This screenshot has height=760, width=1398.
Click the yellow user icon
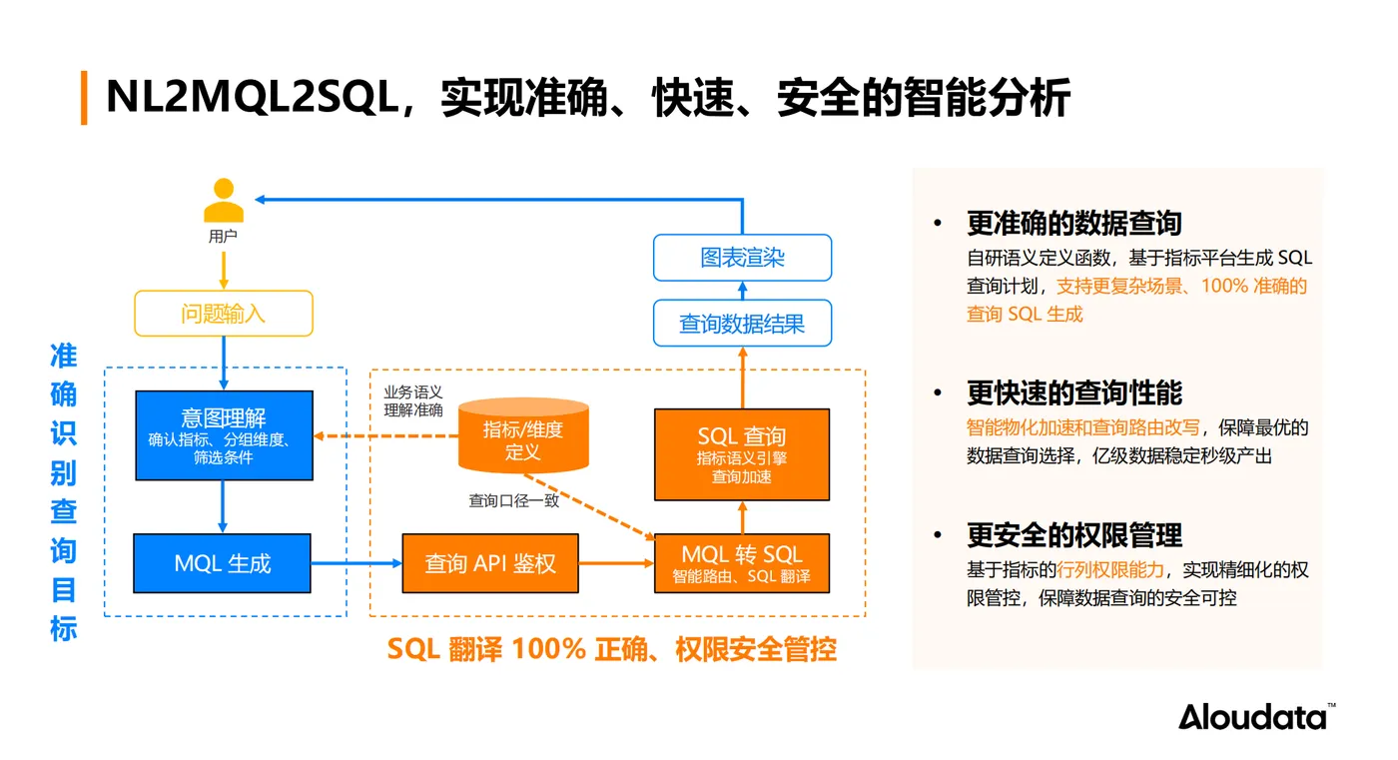tap(224, 201)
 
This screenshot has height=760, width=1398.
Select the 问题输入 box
tap(224, 314)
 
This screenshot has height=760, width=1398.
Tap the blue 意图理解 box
tap(224, 434)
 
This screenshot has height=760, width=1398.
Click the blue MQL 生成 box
tap(223, 563)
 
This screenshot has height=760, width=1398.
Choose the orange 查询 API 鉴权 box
tap(489, 563)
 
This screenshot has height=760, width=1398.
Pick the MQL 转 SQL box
tap(741, 563)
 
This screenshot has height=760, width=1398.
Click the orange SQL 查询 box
tap(741, 454)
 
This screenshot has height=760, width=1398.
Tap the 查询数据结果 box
tap(742, 324)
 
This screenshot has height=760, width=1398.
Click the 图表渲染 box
tap(742, 258)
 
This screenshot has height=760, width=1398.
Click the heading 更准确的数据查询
tap(1073, 224)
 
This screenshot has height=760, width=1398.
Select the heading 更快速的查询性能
tap(1073, 392)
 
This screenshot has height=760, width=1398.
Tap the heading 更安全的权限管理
tap(1073, 535)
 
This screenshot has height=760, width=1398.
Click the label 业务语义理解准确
tap(413, 401)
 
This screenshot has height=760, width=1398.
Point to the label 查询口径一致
tap(514, 500)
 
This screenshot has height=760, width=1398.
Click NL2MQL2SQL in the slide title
tap(252, 98)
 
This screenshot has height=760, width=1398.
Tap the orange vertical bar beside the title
tap(84, 97)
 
